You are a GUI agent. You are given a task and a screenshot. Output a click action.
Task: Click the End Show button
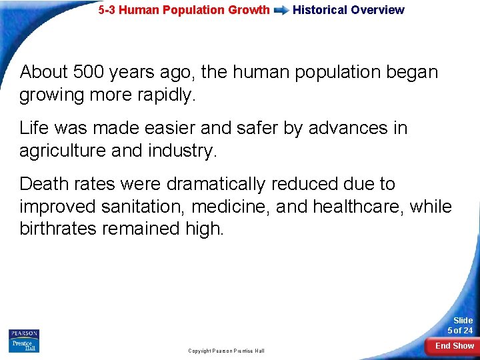[x=455, y=346]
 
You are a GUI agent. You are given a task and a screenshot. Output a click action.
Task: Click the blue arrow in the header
[x=281, y=10]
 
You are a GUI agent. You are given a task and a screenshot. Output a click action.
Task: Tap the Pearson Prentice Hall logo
[x=24, y=341]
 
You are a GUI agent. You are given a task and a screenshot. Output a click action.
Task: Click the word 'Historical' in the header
[x=320, y=10]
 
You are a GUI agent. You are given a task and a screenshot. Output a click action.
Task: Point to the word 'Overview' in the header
[x=377, y=10]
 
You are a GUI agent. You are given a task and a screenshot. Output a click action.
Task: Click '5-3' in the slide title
[x=107, y=10]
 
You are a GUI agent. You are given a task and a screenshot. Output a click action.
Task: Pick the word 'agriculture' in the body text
[x=57, y=151]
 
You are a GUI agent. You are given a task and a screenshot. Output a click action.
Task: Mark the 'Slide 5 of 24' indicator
[x=460, y=325]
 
